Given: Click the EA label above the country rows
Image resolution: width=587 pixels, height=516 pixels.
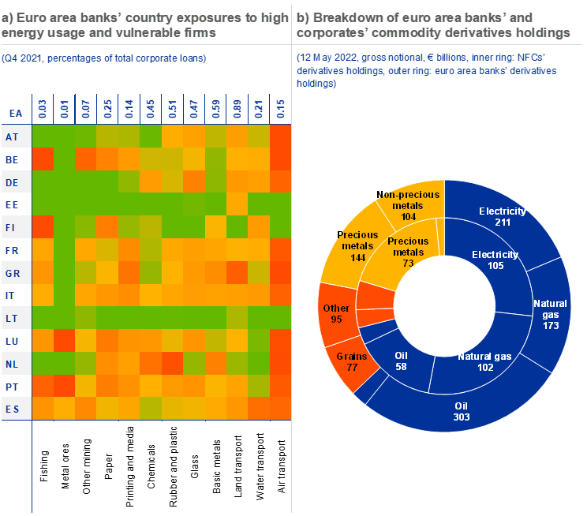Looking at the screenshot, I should [15, 113].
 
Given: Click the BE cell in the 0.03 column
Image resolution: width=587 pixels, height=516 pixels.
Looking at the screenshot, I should [43, 159].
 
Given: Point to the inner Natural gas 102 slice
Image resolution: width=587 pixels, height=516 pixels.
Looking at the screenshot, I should [484, 360].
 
